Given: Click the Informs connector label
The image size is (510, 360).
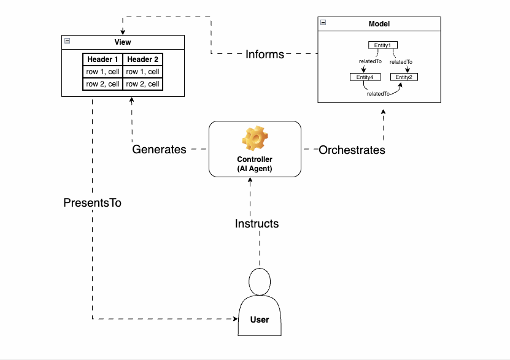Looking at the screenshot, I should tap(265, 54).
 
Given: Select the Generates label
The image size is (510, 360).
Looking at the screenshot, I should tap(159, 149).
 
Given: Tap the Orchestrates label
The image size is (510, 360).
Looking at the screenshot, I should tap(352, 149).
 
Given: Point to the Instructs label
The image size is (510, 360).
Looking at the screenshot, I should tap(257, 223).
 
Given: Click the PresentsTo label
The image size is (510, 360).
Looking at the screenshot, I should tap(92, 202).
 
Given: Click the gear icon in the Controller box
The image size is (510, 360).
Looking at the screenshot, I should tap(254, 139).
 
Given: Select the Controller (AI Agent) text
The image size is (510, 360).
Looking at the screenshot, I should tap(254, 164).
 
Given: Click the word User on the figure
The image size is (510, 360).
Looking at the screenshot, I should tap(260, 320).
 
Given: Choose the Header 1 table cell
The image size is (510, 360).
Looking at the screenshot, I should tap(102, 59).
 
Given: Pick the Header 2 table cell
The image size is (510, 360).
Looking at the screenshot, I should tap(143, 59).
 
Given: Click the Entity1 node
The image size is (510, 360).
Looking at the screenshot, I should tap(382, 45).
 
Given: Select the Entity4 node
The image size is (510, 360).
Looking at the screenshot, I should tap(365, 77).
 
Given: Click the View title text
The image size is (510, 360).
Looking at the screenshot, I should tap(123, 42).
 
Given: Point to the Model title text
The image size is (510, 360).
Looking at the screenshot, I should tap(379, 24).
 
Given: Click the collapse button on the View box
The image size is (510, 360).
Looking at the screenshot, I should tap(67, 41).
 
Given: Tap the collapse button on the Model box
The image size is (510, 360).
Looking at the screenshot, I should tap(323, 23).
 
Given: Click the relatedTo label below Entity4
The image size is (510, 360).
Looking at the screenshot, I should tap(378, 94).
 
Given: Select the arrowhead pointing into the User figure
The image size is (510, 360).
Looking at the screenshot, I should tap(234, 319).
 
